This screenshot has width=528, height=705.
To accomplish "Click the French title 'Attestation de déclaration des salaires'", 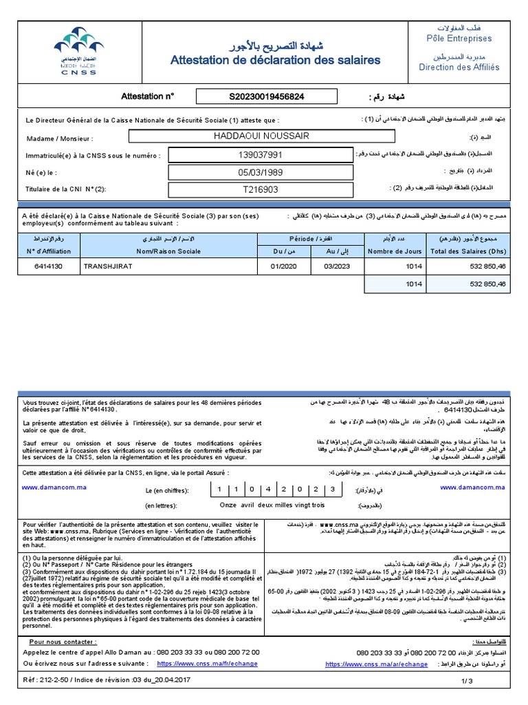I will coord(275,61).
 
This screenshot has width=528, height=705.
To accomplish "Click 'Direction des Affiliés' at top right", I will coord(459,67).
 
